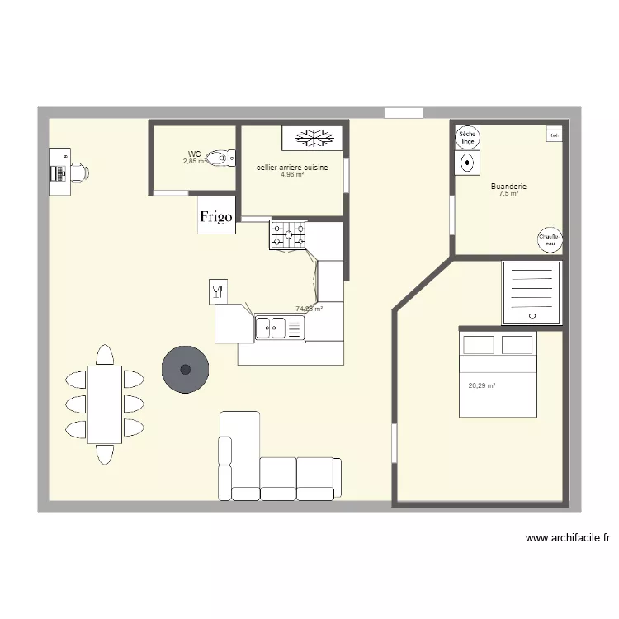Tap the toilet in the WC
click(219, 158)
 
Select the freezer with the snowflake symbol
click(312, 138)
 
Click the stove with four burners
click(287, 235)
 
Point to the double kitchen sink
click(280, 328)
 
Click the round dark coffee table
click(184, 368)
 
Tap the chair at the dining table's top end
click(105, 356)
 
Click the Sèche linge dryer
click(467, 137)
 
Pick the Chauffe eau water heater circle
click(549, 239)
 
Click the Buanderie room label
click(508, 187)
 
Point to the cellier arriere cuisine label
click(292, 168)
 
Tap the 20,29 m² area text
click(481, 385)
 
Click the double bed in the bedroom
click(497, 374)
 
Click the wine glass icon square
click(218, 291)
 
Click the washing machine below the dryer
click(467, 163)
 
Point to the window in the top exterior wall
click(404, 113)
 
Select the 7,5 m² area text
click(508, 194)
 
